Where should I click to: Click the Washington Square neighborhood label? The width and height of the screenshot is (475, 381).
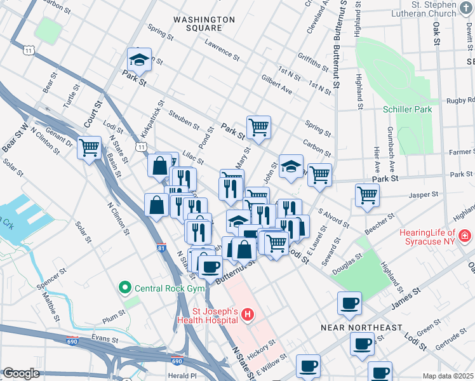197,23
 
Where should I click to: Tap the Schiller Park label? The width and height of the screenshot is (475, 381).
408,109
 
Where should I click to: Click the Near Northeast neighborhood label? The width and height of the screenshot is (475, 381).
361,328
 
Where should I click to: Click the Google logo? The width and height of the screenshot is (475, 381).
21,373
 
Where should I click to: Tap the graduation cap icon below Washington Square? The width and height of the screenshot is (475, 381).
139,60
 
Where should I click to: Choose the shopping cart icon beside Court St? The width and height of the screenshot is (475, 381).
90,148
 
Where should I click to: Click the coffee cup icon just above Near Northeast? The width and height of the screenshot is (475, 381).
349,304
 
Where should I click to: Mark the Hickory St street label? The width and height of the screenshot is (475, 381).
262,348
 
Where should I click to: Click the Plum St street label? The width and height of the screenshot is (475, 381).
114,316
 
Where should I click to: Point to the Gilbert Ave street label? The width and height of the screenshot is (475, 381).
276,83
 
